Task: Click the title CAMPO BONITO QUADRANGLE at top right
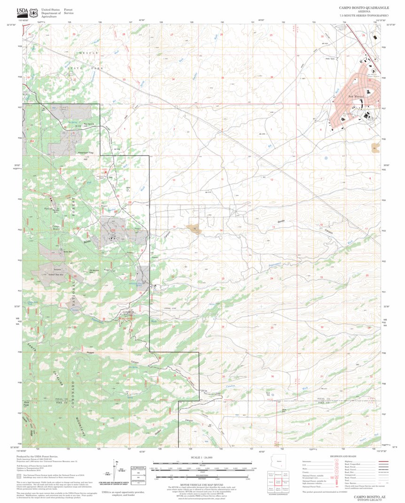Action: pos(364,8)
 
